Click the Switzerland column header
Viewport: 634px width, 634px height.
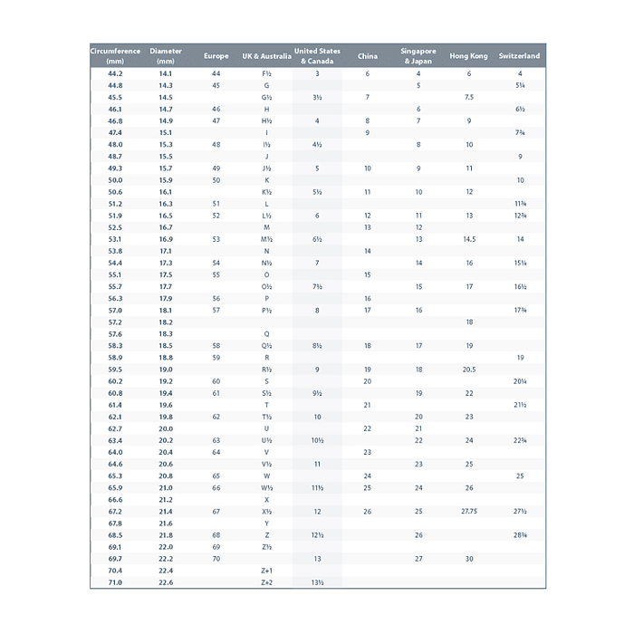coord(519,56)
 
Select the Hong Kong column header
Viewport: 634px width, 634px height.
coord(468,56)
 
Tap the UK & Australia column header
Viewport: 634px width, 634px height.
coord(266,56)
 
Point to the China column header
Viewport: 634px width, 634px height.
coord(368,56)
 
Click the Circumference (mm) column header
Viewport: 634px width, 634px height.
coord(115,56)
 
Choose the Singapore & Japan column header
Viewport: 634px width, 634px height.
coord(418,56)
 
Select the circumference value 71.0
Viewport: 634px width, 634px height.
coord(115,582)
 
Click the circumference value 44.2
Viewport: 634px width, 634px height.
coord(115,73)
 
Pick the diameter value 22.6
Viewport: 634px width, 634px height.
coord(166,582)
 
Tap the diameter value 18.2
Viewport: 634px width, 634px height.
coord(166,322)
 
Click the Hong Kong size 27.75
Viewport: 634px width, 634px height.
coord(468,512)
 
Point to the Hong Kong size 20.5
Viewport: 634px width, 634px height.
coord(468,370)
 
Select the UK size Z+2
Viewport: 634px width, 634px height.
coord(266,582)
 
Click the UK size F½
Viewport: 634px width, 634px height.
coord(266,73)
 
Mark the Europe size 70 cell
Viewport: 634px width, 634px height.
coord(216,559)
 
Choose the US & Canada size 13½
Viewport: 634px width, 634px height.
coord(317,582)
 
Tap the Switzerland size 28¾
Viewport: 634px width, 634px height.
coord(520,535)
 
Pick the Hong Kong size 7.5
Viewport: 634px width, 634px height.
coord(468,97)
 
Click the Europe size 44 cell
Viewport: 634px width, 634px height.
coord(216,73)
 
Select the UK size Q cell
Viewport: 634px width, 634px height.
coord(266,334)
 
